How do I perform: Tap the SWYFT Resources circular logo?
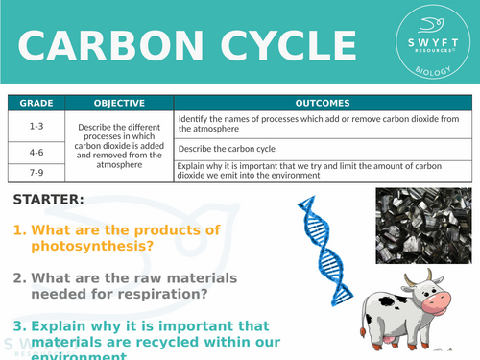(x=428, y=44)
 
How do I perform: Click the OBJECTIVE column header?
(x=119, y=103)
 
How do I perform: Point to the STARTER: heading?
(x=49, y=200)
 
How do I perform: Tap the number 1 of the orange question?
(x=17, y=230)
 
